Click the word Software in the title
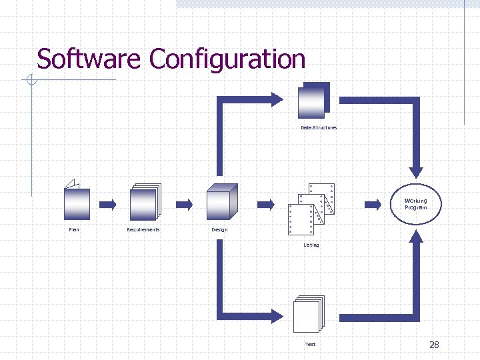[89, 59]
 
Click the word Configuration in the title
[227, 59]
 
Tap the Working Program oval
[415, 203]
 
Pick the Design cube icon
[221, 201]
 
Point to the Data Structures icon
[314, 101]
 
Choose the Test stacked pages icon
[308, 314]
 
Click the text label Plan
[74, 230]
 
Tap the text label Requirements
[143, 230]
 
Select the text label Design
[219, 230]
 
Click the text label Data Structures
[319, 127]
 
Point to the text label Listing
[311, 245]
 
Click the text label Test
[310, 345]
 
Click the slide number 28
[434, 345]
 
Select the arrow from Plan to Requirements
[107, 203]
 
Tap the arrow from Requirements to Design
[184, 203]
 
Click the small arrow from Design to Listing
[265, 203]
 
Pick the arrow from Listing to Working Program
[372, 203]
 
